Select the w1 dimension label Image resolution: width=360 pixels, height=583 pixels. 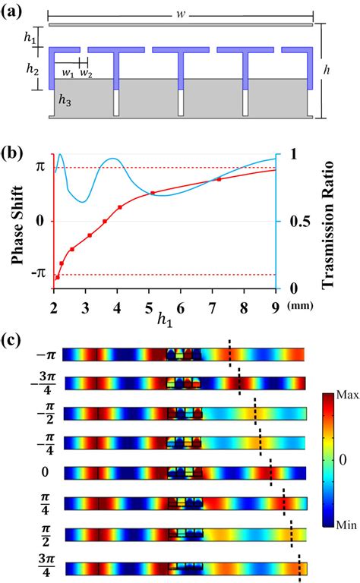[68, 73]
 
